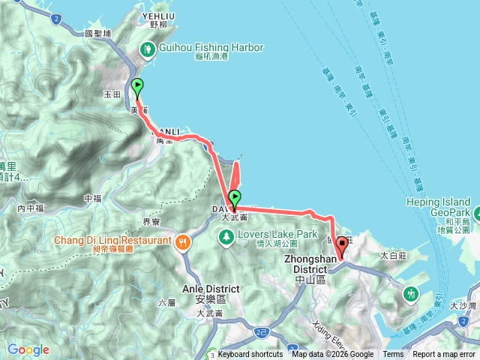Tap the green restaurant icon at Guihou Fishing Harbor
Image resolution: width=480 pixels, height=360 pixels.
pos(148,49)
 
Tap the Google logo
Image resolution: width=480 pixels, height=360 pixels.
pos(28,349)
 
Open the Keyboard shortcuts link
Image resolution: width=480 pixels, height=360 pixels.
pos(250,355)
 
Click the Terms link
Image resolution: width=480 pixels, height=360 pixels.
pos(393,355)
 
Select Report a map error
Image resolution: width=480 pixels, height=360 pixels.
pos(445,355)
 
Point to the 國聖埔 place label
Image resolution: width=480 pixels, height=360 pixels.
pos(98,33)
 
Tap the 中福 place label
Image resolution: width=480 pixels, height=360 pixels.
pos(93,198)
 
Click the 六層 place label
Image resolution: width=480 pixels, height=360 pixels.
pos(166,302)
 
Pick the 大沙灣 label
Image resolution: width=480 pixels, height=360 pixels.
pos(462,306)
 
